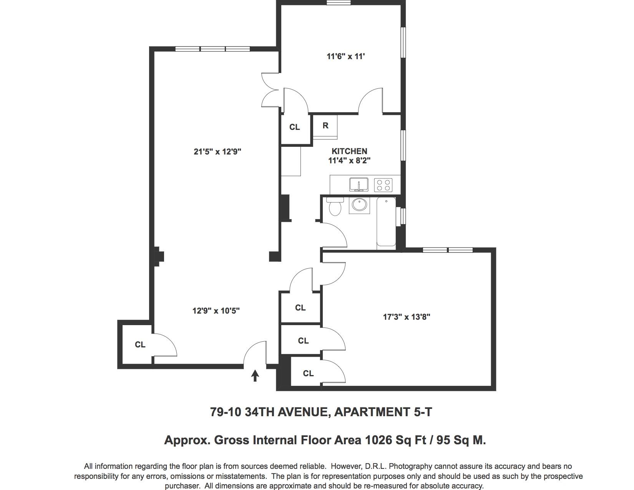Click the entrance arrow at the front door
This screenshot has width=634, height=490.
coord(255,375)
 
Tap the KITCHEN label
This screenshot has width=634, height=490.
coord(349,151)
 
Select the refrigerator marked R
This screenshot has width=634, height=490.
coord(325,127)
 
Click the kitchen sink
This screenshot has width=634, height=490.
coord(358,185)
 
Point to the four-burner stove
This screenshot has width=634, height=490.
coord(383,185)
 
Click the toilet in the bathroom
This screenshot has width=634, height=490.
coord(335,206)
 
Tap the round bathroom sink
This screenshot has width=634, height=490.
coord(359,205)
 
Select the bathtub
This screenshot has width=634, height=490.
coord(386,223)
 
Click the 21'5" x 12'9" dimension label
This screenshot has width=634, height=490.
coord(217,152)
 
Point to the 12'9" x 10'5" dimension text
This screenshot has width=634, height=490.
coord(216,311)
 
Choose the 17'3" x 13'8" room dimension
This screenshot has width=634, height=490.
coord(407,317)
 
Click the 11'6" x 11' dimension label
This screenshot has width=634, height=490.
coord(346,56)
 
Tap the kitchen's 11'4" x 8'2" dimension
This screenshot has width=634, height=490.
coord(349,160)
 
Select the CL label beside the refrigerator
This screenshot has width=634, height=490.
coord(294,127)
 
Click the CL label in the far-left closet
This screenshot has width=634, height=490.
coord(140,345)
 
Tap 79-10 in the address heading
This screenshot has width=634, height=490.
coord(226,412)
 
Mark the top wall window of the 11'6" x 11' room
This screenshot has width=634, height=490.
coord(339,3)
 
